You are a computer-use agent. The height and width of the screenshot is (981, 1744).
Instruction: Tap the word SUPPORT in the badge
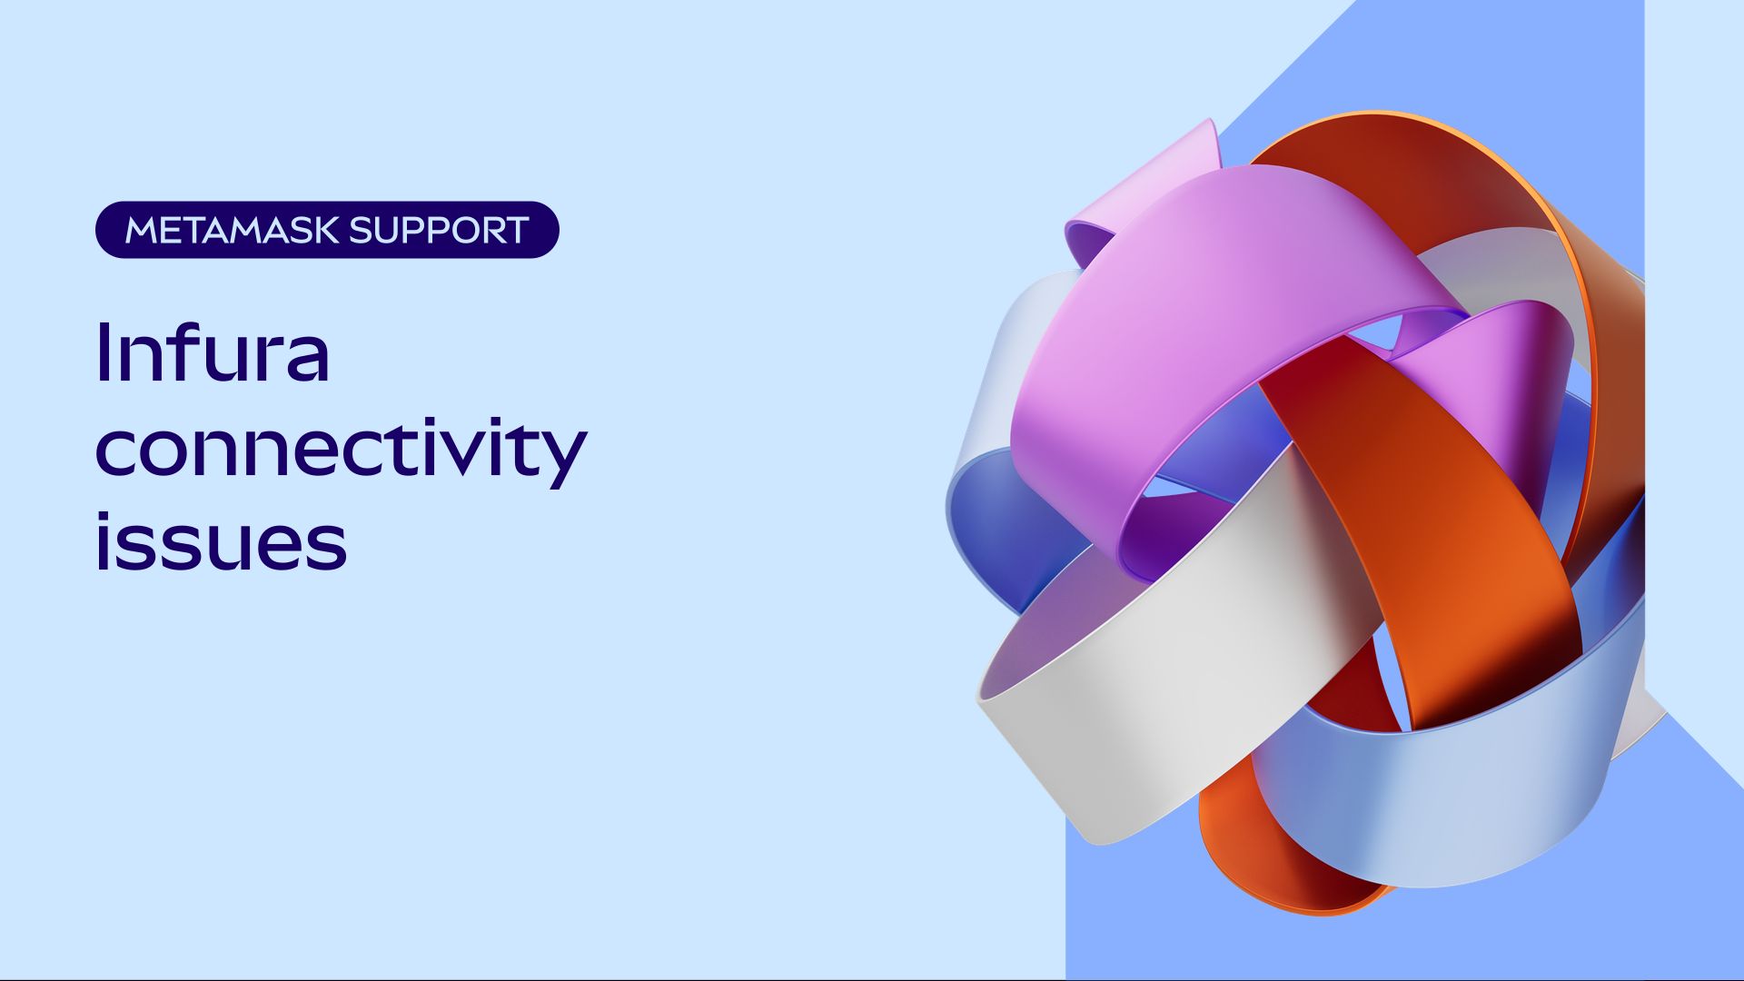pos(439,231)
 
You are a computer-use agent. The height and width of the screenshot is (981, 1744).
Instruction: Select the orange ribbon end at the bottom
pos(1272,863)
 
